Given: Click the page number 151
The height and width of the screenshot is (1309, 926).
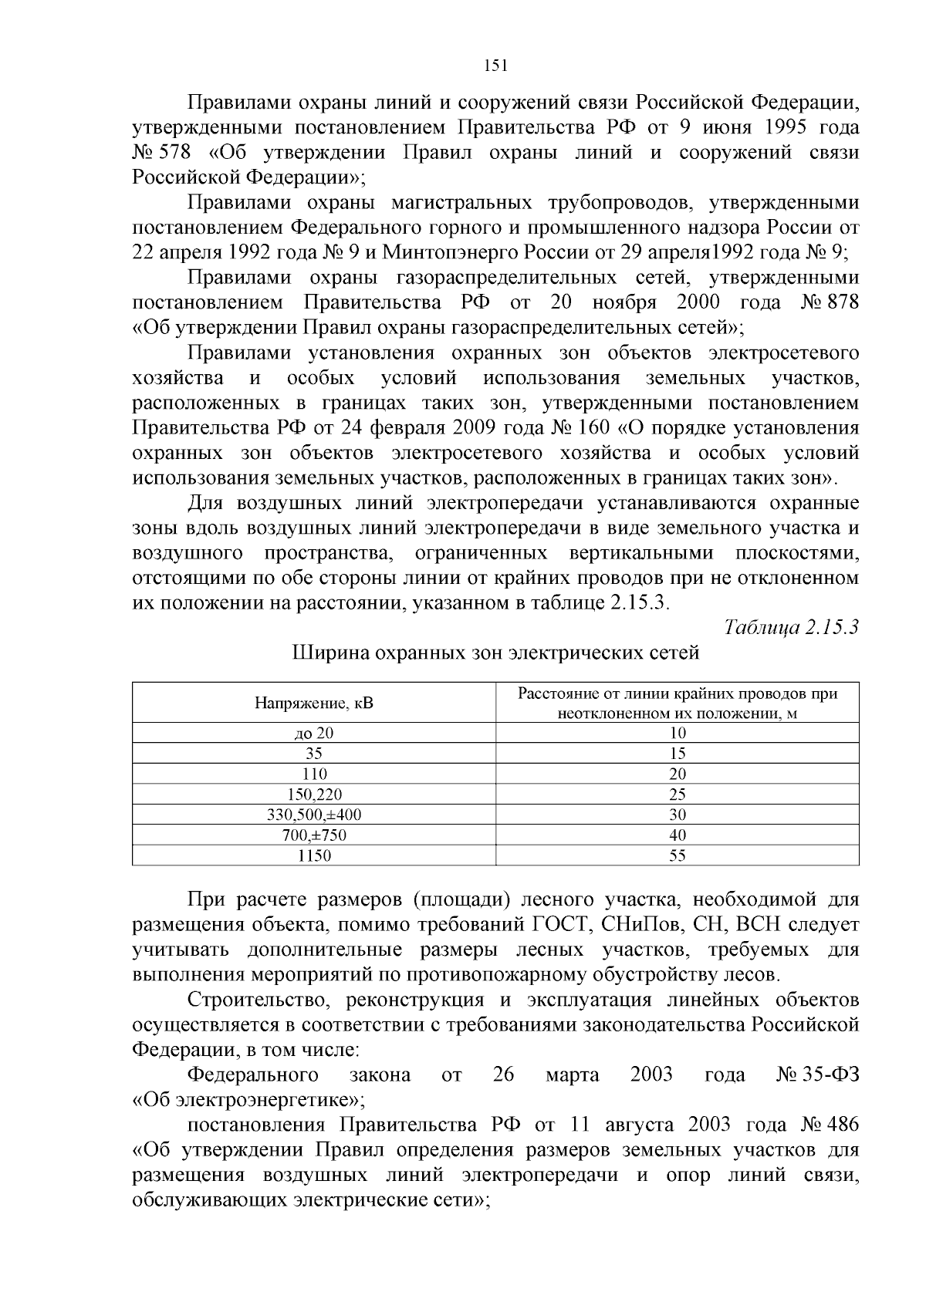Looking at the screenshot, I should [495, 66].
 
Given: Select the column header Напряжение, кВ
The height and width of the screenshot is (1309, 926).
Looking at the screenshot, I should [313, 703].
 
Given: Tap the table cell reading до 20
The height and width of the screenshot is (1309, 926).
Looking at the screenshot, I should [313, 734].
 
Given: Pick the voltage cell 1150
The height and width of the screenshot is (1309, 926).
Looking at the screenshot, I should [313, 855].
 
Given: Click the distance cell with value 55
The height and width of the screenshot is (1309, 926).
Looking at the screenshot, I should [677, 855].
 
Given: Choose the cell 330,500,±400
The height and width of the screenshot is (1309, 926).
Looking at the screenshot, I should [313, 815].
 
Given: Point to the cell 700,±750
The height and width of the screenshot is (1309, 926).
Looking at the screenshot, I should [313, 835].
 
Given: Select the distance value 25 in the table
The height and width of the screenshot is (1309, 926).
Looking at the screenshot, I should [677, 795].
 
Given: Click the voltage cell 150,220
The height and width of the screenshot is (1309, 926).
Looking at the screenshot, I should [313, 795].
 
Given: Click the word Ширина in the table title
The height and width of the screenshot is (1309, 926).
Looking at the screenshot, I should [328, 653].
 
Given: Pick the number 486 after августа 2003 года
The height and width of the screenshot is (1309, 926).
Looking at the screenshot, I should [842, 1125].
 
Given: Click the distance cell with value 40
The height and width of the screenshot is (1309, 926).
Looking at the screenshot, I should [677, 835].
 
